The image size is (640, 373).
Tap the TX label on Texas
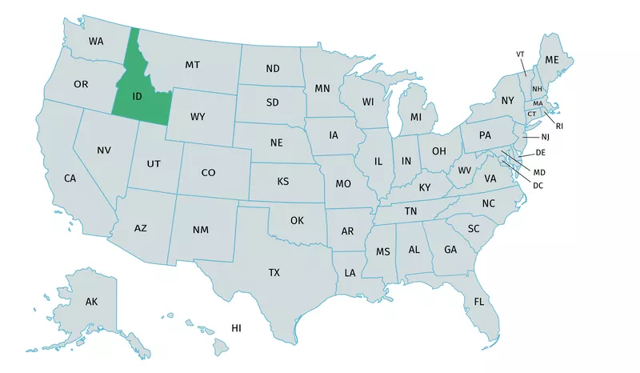pyautogui.click(x=274, y=273)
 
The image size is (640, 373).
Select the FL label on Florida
pyautogui.click(x=478, y=302)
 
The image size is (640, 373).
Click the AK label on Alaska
pyautogui.click(x=91, y=302)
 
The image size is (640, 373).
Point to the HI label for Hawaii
pyautogui.click(x=237, y=328)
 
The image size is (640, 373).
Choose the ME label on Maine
pyautogui.click(x=552, y=60)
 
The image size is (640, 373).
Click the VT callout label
pyautogui.click(x=520, y=54)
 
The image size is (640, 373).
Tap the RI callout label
pyautogui.click(x=559, y=126)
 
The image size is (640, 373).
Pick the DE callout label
pyautogui.click(x=541, y=152)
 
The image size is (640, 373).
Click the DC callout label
pyautogui.click(x=538, y=185)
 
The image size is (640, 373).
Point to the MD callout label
pyautogui.click(x=539, y=172)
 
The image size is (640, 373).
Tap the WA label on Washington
pyautogui.click(x=96, y=41)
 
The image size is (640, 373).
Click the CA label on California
pyautogui.click(x=70, y=178)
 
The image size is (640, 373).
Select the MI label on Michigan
pyautogui.click(x=415, y=118)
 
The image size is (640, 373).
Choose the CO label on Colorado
pyautogui.click(x=208, y=172)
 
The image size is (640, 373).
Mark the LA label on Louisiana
pyautogui.click(x=350, y=273)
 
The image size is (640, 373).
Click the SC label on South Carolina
pyautogui.click(x=474, y=228)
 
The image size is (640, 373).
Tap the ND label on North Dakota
pyautogui.click(x=273, y=69)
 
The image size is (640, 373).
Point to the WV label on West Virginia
pyautogui.click(x=464, y=170)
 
